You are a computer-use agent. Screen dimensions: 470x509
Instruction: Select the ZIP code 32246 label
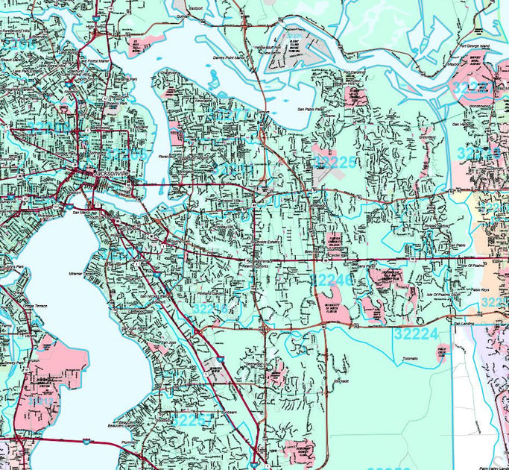[331, 280]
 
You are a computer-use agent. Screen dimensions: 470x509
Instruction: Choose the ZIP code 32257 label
[189, 420]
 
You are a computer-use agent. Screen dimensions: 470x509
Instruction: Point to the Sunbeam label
[209, 412]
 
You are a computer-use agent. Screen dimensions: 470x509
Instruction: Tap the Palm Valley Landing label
[487, 445]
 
